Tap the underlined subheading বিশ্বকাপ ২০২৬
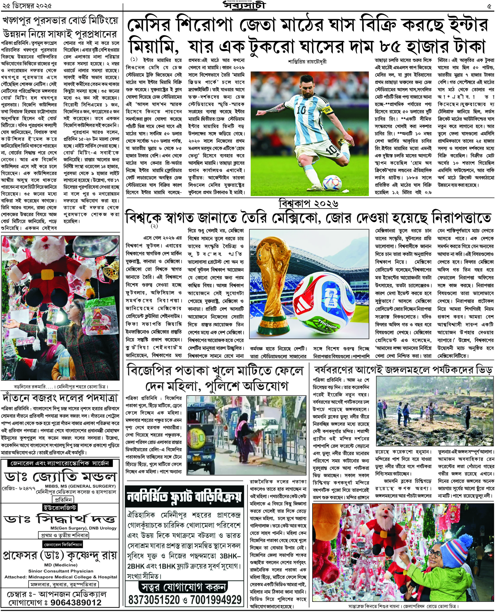tap(308, 204)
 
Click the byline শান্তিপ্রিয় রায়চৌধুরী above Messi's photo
tap(307, 61)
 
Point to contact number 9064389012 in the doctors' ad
tap(76, 603)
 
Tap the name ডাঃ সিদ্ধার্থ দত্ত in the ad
tap(60, 519)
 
